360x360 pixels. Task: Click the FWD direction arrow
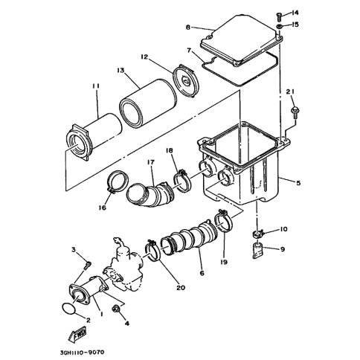(77, 335)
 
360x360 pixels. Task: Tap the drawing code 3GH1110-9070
(82, 352)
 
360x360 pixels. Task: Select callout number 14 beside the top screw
(295, 13)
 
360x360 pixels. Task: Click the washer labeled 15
(279, 26)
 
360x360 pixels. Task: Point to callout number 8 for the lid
(188, 27)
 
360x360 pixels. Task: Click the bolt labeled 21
(296, 111)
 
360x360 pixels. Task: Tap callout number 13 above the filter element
(120, 71)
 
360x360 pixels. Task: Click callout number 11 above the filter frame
(96, 86)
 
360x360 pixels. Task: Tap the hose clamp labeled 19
(223, 221)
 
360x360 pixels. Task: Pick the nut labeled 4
(116, 309)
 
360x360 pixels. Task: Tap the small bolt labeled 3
(88, 265)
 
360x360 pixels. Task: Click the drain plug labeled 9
(258, 251)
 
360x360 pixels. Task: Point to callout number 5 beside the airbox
(298, 183)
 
